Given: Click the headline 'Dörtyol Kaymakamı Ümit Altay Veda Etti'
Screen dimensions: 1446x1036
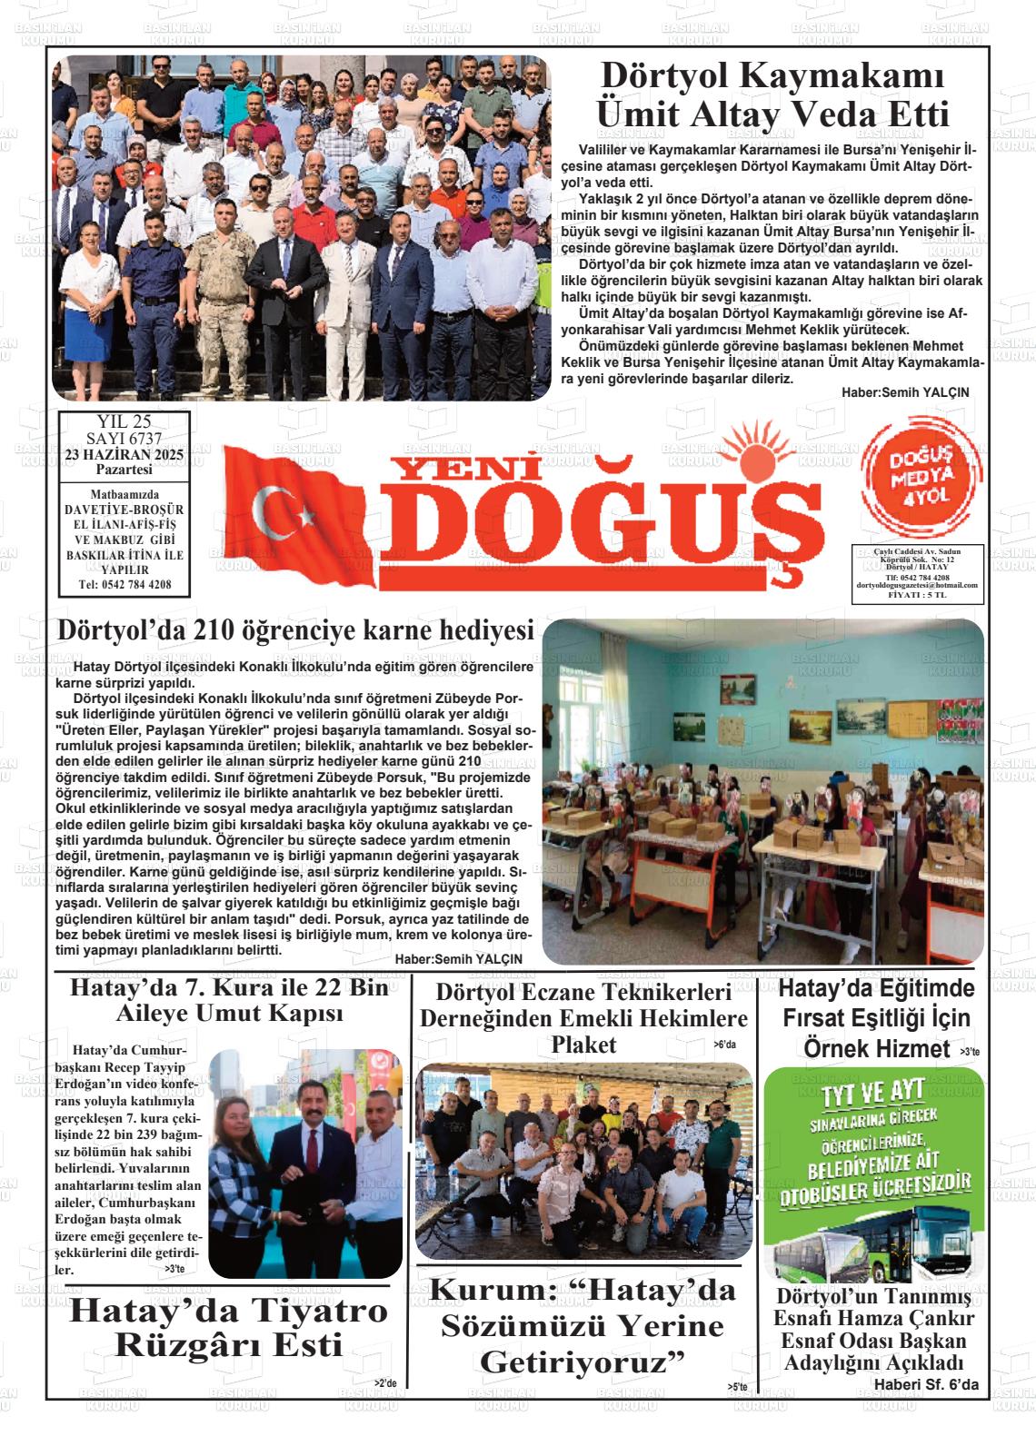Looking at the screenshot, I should click(x=771, y=96).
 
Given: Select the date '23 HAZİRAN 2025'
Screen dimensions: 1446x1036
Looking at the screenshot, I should click(x=125, y=454).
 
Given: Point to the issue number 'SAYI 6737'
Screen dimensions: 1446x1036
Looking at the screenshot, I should click(x=125, y=440).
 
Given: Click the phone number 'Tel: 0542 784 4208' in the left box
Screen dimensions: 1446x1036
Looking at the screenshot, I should click(x=125, y=585).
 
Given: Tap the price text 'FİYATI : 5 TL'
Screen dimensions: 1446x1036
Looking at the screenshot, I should click(x=916, y=595).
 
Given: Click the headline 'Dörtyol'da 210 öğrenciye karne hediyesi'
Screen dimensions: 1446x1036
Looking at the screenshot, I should click(x=294, y=630).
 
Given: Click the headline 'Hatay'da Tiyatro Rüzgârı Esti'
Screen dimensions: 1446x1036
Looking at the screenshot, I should click(x=229, y=1326).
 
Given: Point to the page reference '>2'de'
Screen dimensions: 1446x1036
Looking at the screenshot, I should click(x=385, y=1383).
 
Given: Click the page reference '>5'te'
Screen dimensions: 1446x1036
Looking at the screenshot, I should click(x=737, y=1386).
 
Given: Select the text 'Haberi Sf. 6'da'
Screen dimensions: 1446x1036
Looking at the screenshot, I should click(x=926, y=1383).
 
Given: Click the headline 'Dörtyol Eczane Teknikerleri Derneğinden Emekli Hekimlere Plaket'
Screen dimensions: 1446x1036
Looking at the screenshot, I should click(x=583, y=1017).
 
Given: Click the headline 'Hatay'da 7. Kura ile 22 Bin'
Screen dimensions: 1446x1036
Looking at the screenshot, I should click(x=229, y=987).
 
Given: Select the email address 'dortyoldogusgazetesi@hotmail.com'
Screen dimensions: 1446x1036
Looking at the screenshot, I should click(x=916, y=586).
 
